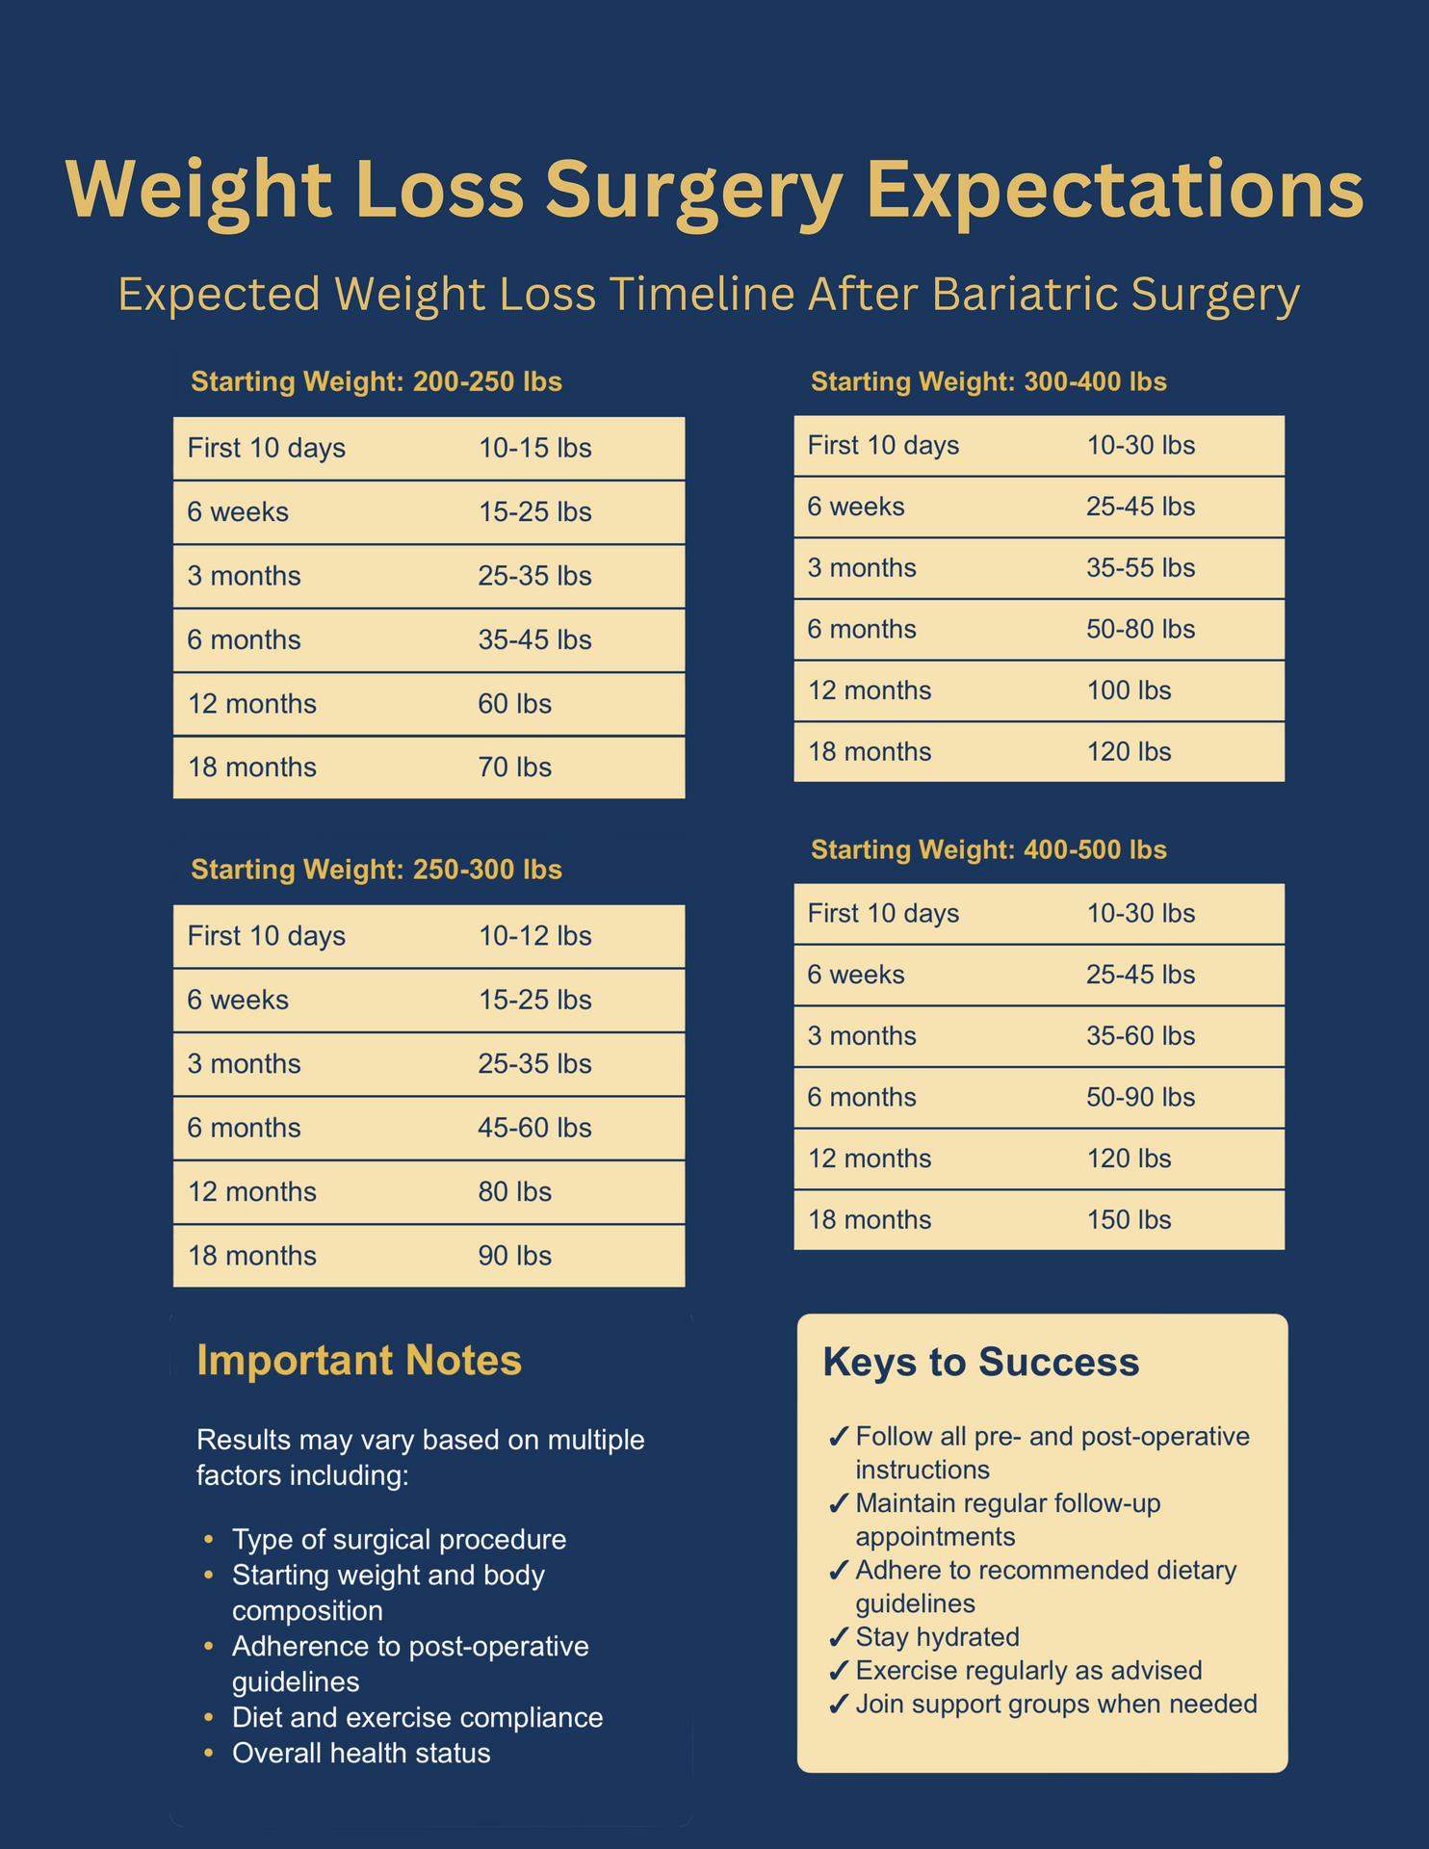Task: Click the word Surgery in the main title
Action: pyautogui.click(x=692, y=190)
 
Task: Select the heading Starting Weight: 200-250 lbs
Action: pyautogui.click(x=377, y=382)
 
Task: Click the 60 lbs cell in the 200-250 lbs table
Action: pyautogui.click(x=514, y=704)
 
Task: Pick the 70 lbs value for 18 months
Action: pyautogui.click(x=514, y=768)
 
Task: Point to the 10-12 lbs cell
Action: pyautogui.click(x=534, y=936)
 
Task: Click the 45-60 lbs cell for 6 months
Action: pyautogui.click(x=534, y=1128)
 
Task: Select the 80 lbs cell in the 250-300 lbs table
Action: pyautogui.click(x=514, y=1192)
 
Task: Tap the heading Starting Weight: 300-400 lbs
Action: pyautogui.click(x=988, y=382)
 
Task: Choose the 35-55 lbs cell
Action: pyautogui.click(x=1140, y=568)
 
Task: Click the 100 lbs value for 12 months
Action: pyautogui.click(x=1129, y=690)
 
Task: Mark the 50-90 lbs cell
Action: pyautogui.click(x=1140, y=1098)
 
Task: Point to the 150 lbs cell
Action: pyautogui.click(x=1129, y=1220)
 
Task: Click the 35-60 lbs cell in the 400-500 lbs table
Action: pyautogui.click(x=1140, y=1036)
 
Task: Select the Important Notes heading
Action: pyautogui.click(x=359, y=1361)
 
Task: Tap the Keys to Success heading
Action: pyautogui.click(x=980, y=1363)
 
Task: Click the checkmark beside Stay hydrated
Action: pyautogui.click(x=838, y=1638)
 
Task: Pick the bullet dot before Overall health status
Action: pyautogui.click(x=208, y=1753)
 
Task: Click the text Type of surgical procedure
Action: pyautogui.click(x=399, y=1539)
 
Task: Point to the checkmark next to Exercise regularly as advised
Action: pyautogui.click(x=838, y=1671)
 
